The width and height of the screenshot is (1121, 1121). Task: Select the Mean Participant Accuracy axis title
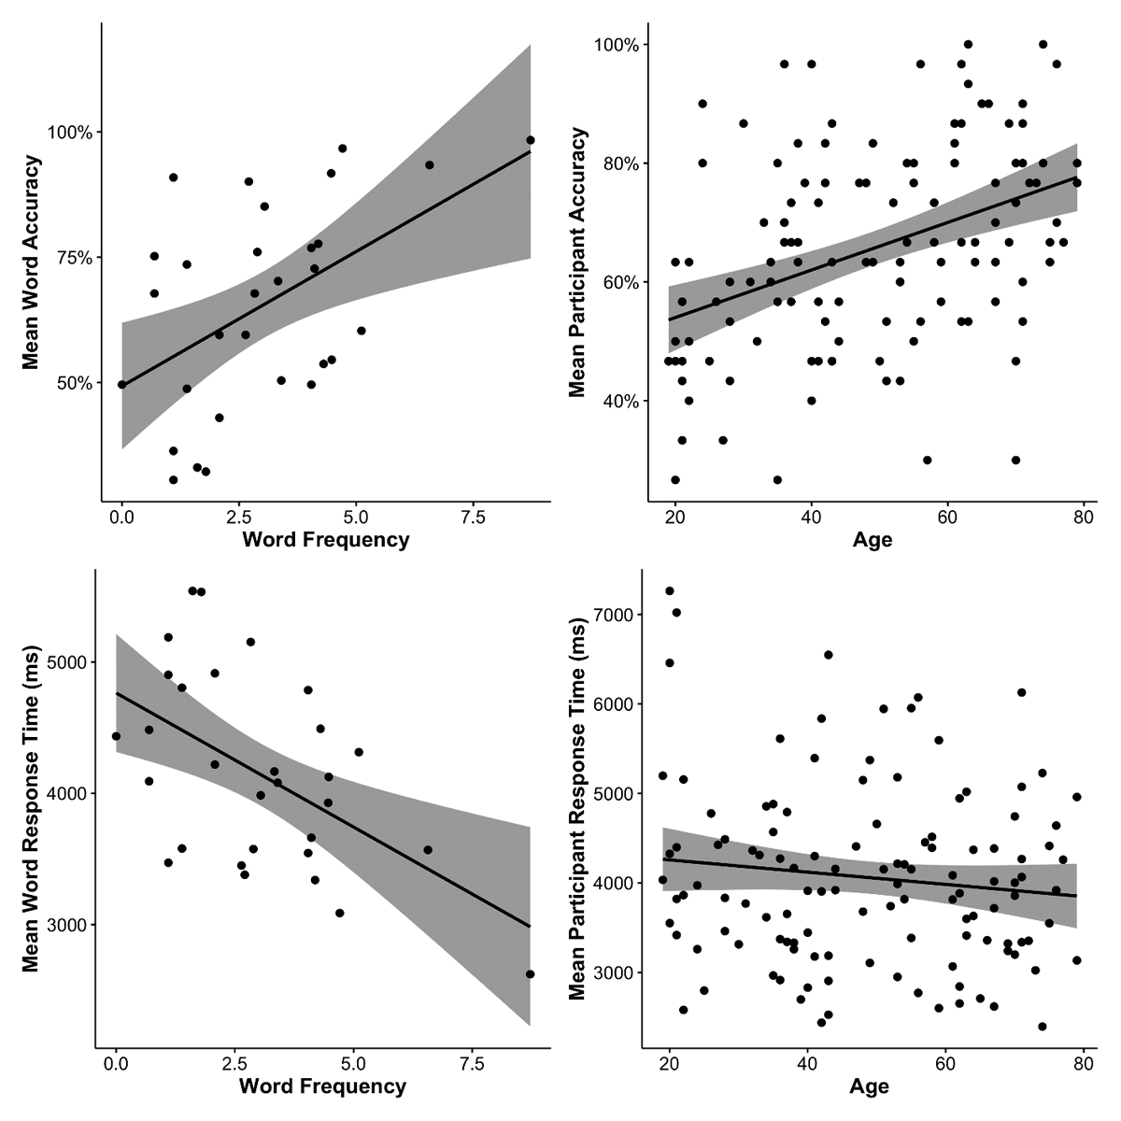coord(577,263)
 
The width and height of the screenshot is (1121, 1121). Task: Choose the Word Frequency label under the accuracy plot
coord(325,540)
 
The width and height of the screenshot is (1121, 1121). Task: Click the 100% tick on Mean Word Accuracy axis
coord(71,132)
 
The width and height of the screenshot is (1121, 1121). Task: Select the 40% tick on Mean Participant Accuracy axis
coord(618,402)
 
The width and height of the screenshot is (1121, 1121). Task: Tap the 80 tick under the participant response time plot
coord(1083,1063)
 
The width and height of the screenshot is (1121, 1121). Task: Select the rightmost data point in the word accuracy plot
coord(530,140)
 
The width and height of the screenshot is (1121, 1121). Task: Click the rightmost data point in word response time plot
coord(530,974)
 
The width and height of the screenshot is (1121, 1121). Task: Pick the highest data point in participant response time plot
coord(670,590)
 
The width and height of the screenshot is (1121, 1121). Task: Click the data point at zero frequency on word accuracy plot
coord(121,384)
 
